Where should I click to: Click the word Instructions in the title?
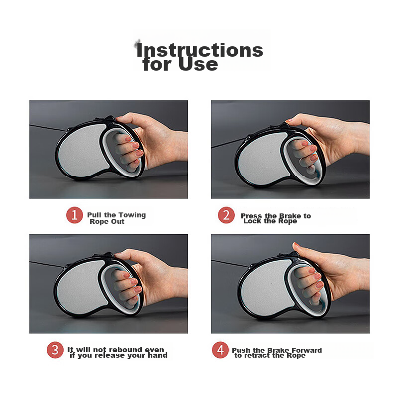tap(199, 50)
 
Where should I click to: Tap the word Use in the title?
tap(198, 64)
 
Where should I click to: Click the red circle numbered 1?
tap(74, 215)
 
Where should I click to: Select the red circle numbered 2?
tap(226, 215)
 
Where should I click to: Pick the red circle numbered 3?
tap(55, 350)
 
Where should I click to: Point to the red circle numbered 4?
tap(220, 350)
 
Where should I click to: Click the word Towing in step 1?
tap(132, 215)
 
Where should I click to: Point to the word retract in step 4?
tap(256, 355)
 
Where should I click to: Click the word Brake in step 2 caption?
tap(290, 216)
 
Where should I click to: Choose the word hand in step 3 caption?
tap(158, 355)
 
